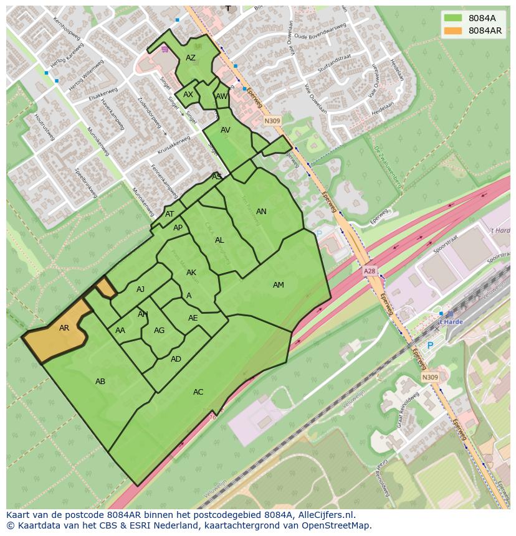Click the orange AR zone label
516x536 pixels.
(x=64, y=328)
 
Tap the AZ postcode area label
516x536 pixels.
(x=191, y=58)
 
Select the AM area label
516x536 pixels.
(x=279, y=285)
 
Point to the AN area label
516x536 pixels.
(x=261, y=212)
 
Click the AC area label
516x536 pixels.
(x=198, y=392)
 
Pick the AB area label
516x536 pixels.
(x=100, y=382)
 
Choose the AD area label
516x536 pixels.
(x=176, y=359)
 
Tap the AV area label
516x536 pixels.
(x=226, y=130)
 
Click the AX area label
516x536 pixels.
(x=188, y=95)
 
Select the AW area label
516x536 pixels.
(x=221, y=96)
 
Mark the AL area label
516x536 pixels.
(x=219, y=240)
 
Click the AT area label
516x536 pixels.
(x=170, y=214)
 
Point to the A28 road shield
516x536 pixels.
(x=370, y=272)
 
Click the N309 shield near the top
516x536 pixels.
(x=272, y=121)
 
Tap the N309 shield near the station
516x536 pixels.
(x=429, y=377)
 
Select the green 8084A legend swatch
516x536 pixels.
(x=453, y=18)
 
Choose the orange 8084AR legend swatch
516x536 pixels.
(x=453, y=31)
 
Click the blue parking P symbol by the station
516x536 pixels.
(x=429, y=346)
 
